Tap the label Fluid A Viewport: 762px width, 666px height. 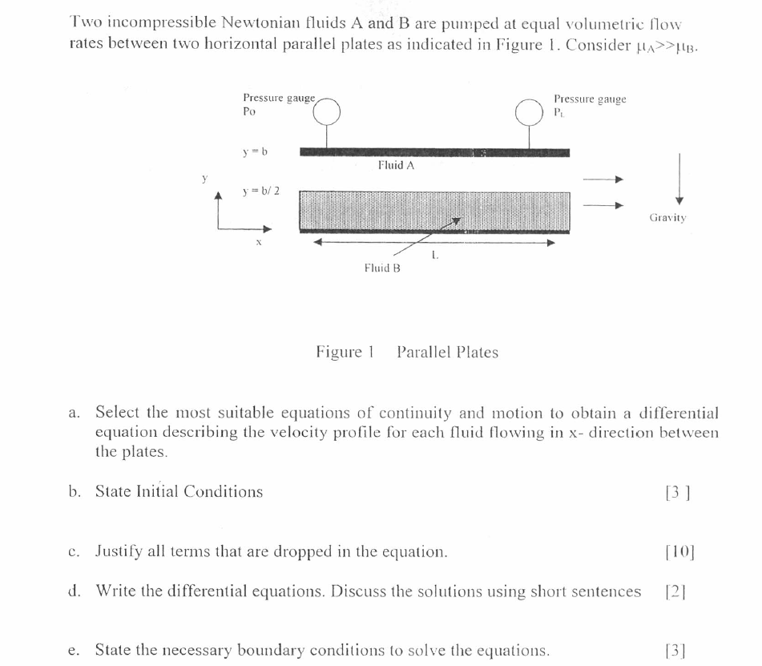click(x=396, y=165)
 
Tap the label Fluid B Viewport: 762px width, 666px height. click(x=381, y=268)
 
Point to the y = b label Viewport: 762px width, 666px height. click(x=255, y=151)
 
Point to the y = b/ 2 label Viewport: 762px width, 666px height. click(x=260, y=192)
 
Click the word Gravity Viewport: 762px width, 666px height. click(x=667, y=217)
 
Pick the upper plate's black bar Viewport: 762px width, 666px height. click(x=434, y=152)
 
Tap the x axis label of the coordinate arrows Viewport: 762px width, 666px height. click(x=259, y=241)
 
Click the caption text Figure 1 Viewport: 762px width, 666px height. click(x=345, y=353)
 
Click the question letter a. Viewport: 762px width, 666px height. click(x=74, y=413)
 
